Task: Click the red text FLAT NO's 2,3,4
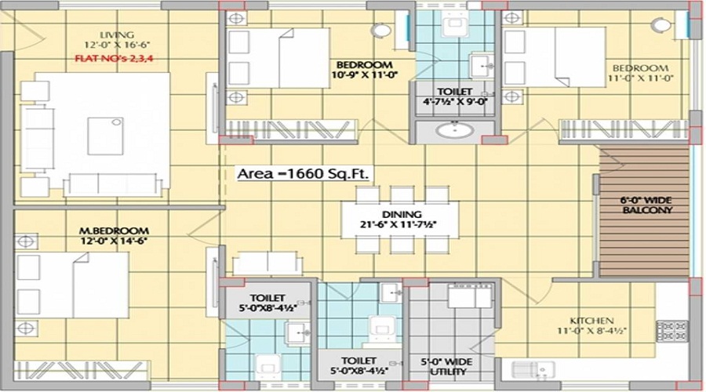coord(115,58)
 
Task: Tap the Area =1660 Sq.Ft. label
coord(304,173)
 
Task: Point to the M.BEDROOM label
coord(114,230)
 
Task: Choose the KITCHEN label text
coord(591,321)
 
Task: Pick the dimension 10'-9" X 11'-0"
coord(365,74)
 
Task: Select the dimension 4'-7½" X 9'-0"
coord(455,101)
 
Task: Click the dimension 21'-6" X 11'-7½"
coord(398,224)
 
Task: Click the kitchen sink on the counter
coord(533,370)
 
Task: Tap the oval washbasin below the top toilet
coord(455,130)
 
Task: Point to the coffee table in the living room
coord(105,136)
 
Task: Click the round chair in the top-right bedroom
coord(661,25)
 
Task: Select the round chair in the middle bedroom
coord(381,31)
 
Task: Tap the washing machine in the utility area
coord(470,296)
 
